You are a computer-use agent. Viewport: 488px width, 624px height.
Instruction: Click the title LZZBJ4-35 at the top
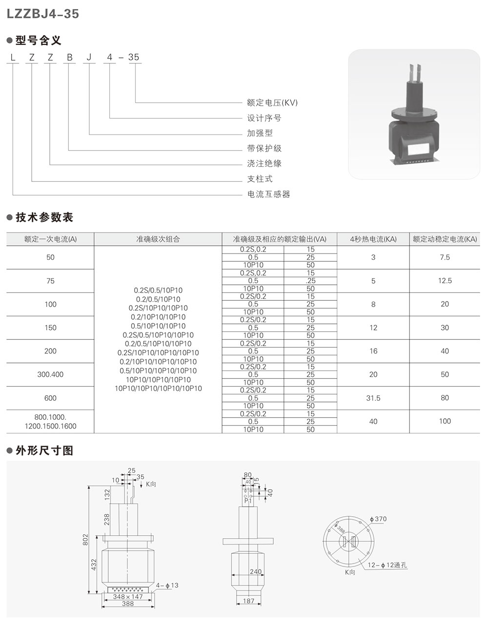pyautogui.click(x=42, y=14)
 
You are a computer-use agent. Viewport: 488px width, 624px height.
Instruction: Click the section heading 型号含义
pyautogui.click(x=39, y=40)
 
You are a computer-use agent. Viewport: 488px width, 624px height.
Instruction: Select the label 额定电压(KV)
pyautogui.click(x=272, y=103)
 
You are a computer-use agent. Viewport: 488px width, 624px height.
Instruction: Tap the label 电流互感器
pyautogui.click(x=268, y=194)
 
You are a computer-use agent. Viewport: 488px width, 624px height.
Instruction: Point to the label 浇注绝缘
pyautogui.click(x=264, y=163)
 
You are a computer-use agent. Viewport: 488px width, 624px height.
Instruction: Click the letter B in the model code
pyautogui.click(x=70, y=57)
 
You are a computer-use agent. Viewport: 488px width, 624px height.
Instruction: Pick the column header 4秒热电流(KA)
pyautogui.click(x=373, y=239)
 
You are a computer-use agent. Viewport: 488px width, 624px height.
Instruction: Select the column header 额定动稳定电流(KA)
pyautogui.click(x=445, y=239)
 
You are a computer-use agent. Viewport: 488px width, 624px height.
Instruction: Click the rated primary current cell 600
pyautogui.click(x=50, y=398)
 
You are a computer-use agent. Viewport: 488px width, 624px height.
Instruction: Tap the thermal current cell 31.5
pyautogui.click(x=373, y=398)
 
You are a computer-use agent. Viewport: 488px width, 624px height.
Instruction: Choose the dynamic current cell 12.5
pyautogui.click(x=445, y=281)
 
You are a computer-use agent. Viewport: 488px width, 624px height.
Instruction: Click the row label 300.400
pyautogui.click(x=50, y=374)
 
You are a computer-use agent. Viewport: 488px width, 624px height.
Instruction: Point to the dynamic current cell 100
pyautogui.click(x=445, y=421)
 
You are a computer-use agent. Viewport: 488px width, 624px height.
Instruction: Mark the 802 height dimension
pyautogui.click(x=85, y=539)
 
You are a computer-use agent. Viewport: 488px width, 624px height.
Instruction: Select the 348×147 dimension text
pyautogui.click(x=128, y=596)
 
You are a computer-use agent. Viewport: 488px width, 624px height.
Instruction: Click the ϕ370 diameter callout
pyautogui.click(x=378, y=519)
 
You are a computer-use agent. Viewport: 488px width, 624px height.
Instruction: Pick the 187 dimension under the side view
pyautogui.click(x=249, y=601)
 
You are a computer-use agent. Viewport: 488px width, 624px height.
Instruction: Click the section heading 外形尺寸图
pyautogui.click(x=44, y=450)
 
